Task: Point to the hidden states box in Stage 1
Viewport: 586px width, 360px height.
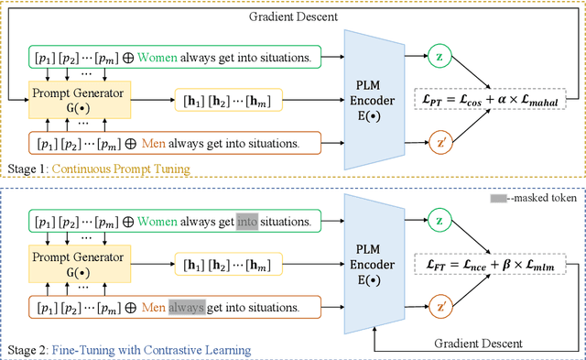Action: (x=238, y=100)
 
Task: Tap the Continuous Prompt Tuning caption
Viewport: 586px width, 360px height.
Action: (x=122, y=168)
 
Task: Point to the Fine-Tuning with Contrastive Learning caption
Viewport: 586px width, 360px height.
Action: (x=151, y=349)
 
